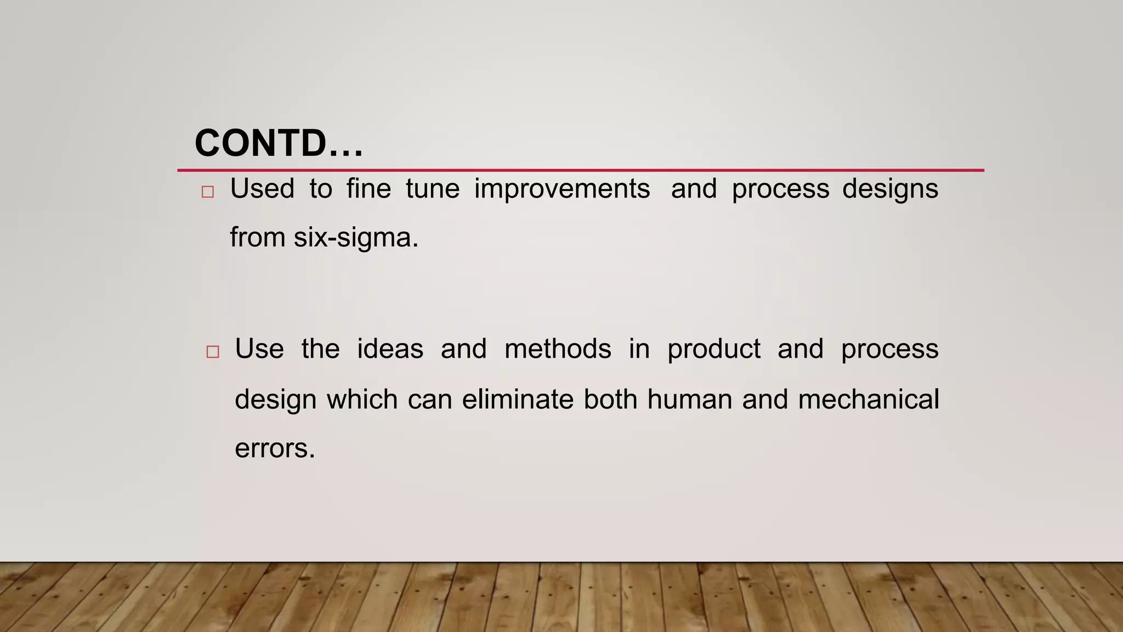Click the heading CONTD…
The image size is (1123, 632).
point(279,143)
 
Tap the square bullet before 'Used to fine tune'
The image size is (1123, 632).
point(207,192)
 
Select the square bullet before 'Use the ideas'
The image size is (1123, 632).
point(213,352)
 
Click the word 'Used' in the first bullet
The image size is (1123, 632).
point(262,189)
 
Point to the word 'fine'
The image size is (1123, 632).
point(368,189)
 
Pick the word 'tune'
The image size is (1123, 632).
point(433,189)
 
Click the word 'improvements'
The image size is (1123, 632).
point(562,189)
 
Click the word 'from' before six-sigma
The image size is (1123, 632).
point(257,238)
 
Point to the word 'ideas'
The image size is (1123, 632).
point(390,349)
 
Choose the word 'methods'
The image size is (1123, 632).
point(558,349)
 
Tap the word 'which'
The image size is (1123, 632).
point(362,399)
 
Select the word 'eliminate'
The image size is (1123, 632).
point(518,399)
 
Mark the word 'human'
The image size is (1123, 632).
point(689,399)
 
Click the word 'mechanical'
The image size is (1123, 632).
point(868,399)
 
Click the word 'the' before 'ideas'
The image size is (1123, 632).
point(320,349)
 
